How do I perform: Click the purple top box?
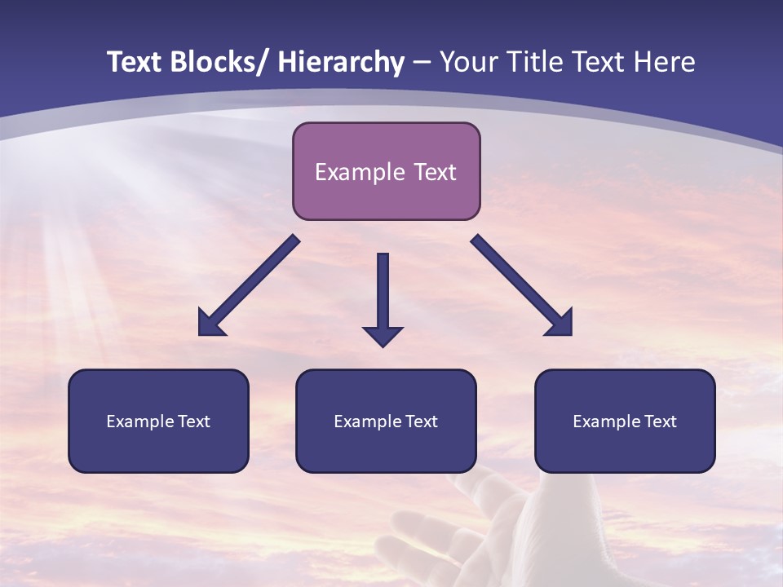(386, 171)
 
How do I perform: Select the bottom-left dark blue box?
(158, 421)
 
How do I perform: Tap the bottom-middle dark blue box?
(386, 421)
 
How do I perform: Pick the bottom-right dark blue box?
(625, 421)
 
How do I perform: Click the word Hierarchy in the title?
(340, 62)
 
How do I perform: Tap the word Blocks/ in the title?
(219, 62)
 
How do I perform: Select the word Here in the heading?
(666, 62)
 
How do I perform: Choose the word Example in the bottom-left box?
(139, 421)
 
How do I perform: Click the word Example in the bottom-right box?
(606, 421)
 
